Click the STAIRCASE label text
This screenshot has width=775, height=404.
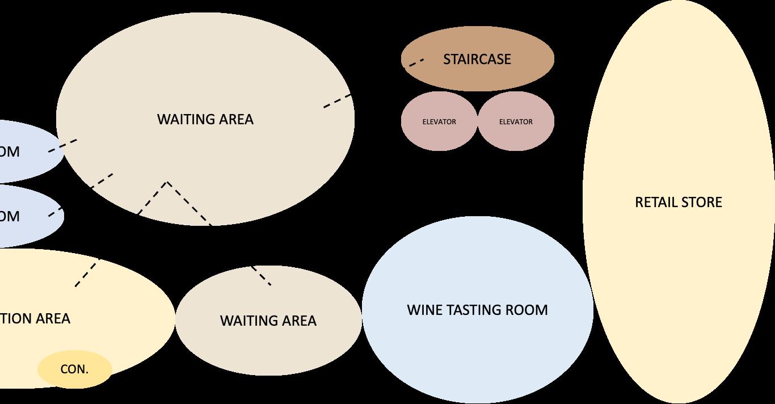click(x=477, y=60)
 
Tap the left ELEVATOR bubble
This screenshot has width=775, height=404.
click(x=439, y=121)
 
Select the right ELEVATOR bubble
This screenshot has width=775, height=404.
click(x=516, y=121)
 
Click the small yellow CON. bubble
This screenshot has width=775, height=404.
click(x=74, y=369)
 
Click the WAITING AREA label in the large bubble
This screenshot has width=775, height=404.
click(x=205, y=119)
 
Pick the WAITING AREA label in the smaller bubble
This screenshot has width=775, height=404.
click(x=268, y=321)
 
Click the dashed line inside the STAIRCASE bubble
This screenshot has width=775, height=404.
click(x=416, y=62)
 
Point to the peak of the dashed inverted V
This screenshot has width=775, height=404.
click(x=167, y=183)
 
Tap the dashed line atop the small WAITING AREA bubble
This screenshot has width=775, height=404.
click(x=261, y=275)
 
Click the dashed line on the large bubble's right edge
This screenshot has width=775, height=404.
click(x=338, y=100)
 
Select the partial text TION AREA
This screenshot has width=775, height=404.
click(x=35, y=318)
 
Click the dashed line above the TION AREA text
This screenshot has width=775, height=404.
click(x=87, y=272)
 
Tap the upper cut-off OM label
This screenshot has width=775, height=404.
click(x=10, y=152)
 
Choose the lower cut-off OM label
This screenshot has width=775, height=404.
click(x=10, y=216)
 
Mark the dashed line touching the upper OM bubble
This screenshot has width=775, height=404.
click(x=63, y=145)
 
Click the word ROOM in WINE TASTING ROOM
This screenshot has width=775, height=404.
click(x=527, y=310)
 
